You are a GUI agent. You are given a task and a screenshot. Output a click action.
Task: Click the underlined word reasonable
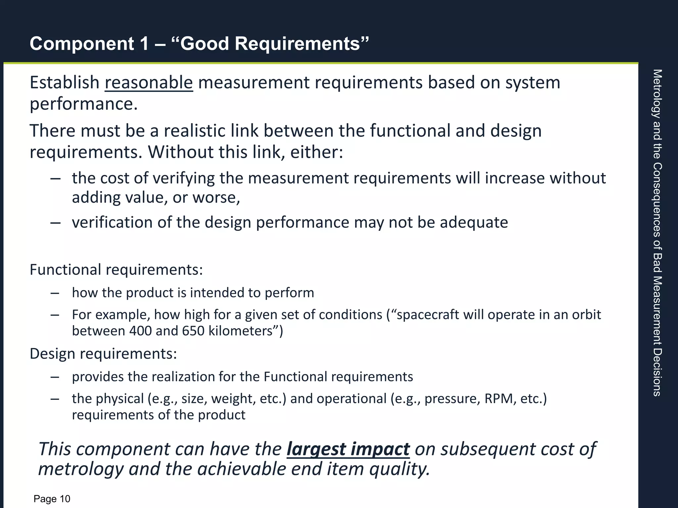149,83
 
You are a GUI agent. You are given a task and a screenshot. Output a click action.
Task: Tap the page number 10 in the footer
65,499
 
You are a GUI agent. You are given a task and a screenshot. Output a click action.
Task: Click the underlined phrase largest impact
348,449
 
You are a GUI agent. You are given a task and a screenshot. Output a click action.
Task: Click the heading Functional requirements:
116,270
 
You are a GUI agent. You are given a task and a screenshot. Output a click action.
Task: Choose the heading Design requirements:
103,354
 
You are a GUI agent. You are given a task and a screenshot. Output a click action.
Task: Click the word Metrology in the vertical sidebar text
657,94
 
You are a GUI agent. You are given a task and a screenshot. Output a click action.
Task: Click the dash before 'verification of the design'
55,223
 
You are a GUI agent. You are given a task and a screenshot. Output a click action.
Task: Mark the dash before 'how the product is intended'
55,293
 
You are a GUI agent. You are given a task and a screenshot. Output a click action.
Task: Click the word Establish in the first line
65,83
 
